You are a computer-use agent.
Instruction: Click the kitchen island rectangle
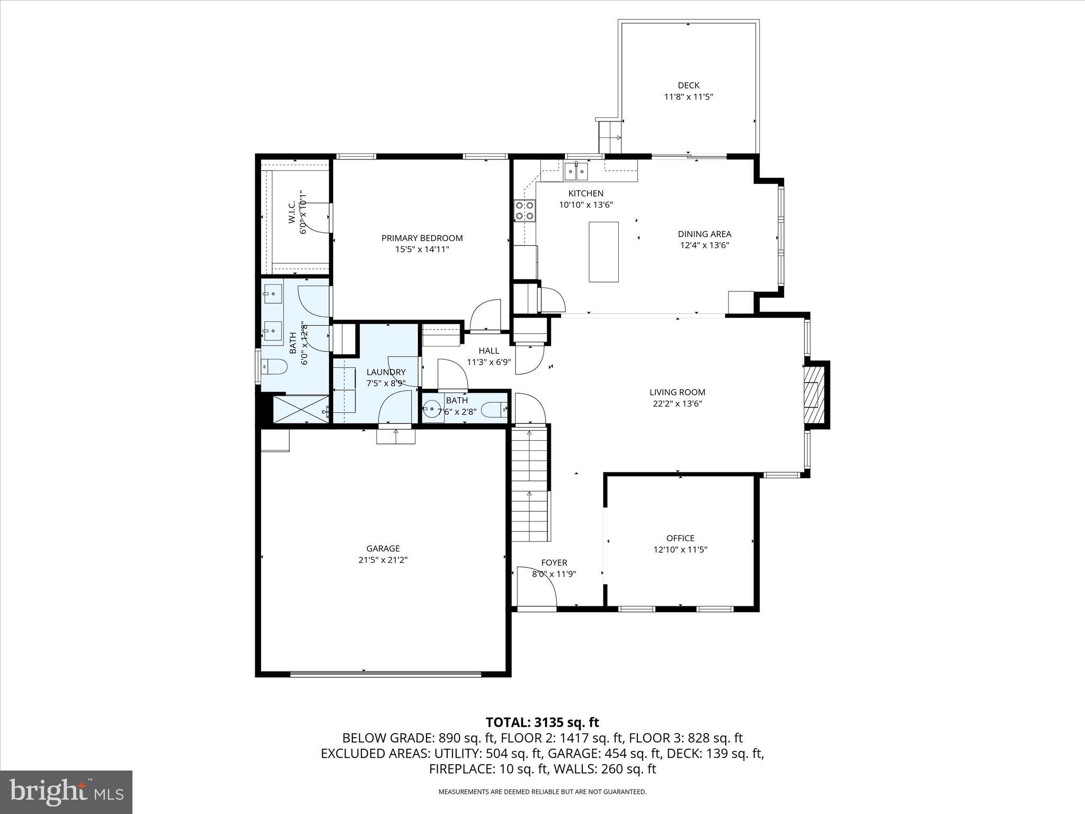603,252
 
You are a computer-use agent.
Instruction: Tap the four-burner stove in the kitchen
524,211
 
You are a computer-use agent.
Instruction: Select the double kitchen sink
576,171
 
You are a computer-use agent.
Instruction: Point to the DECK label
688,85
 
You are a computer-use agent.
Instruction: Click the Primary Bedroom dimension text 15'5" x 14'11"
422,249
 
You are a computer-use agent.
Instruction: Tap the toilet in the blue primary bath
275,366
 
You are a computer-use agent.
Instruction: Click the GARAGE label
383,548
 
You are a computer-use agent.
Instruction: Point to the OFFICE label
680,538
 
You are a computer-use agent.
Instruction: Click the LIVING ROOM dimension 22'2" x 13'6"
677,404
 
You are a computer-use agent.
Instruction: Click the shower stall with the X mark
300,409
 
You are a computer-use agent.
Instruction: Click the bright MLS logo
66,792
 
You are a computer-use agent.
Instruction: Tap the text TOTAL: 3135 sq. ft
542,722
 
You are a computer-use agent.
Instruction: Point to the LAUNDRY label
386,373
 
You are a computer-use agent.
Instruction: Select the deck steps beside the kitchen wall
609,137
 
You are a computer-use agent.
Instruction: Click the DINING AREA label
704,234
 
